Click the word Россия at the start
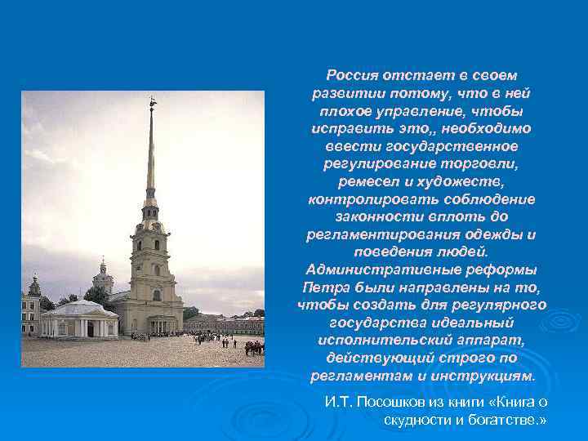pyautogui.click(x=350, y=74)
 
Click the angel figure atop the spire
pyautogui.click(x=152, y=103)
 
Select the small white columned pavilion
pyautogui.click(x=79, y=319)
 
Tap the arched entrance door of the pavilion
pyautogui.click(x=84, y=327)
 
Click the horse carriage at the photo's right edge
pyautogui.click(x=255, y=347)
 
